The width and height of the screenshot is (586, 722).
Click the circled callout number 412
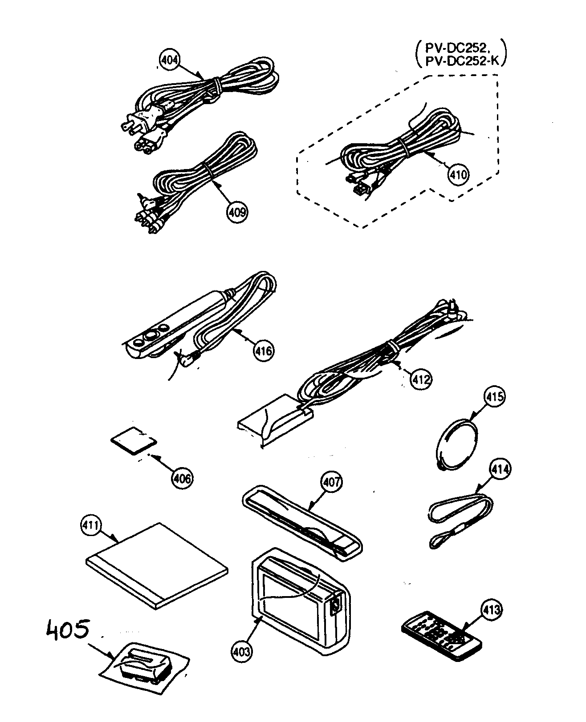pyautogui.click(x=421, y=379)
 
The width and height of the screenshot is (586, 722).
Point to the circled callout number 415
pyautogui.click(x=494, y=396)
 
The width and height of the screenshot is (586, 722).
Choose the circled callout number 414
pyautogui.click(x=501, y=469)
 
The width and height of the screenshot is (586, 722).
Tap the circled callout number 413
pyautogui.click(x=491, y=610)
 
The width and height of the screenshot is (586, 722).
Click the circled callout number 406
pyautogui.click(x=182, y=478)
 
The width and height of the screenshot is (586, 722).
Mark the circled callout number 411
pyautogui.click(x=90, y=525)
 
